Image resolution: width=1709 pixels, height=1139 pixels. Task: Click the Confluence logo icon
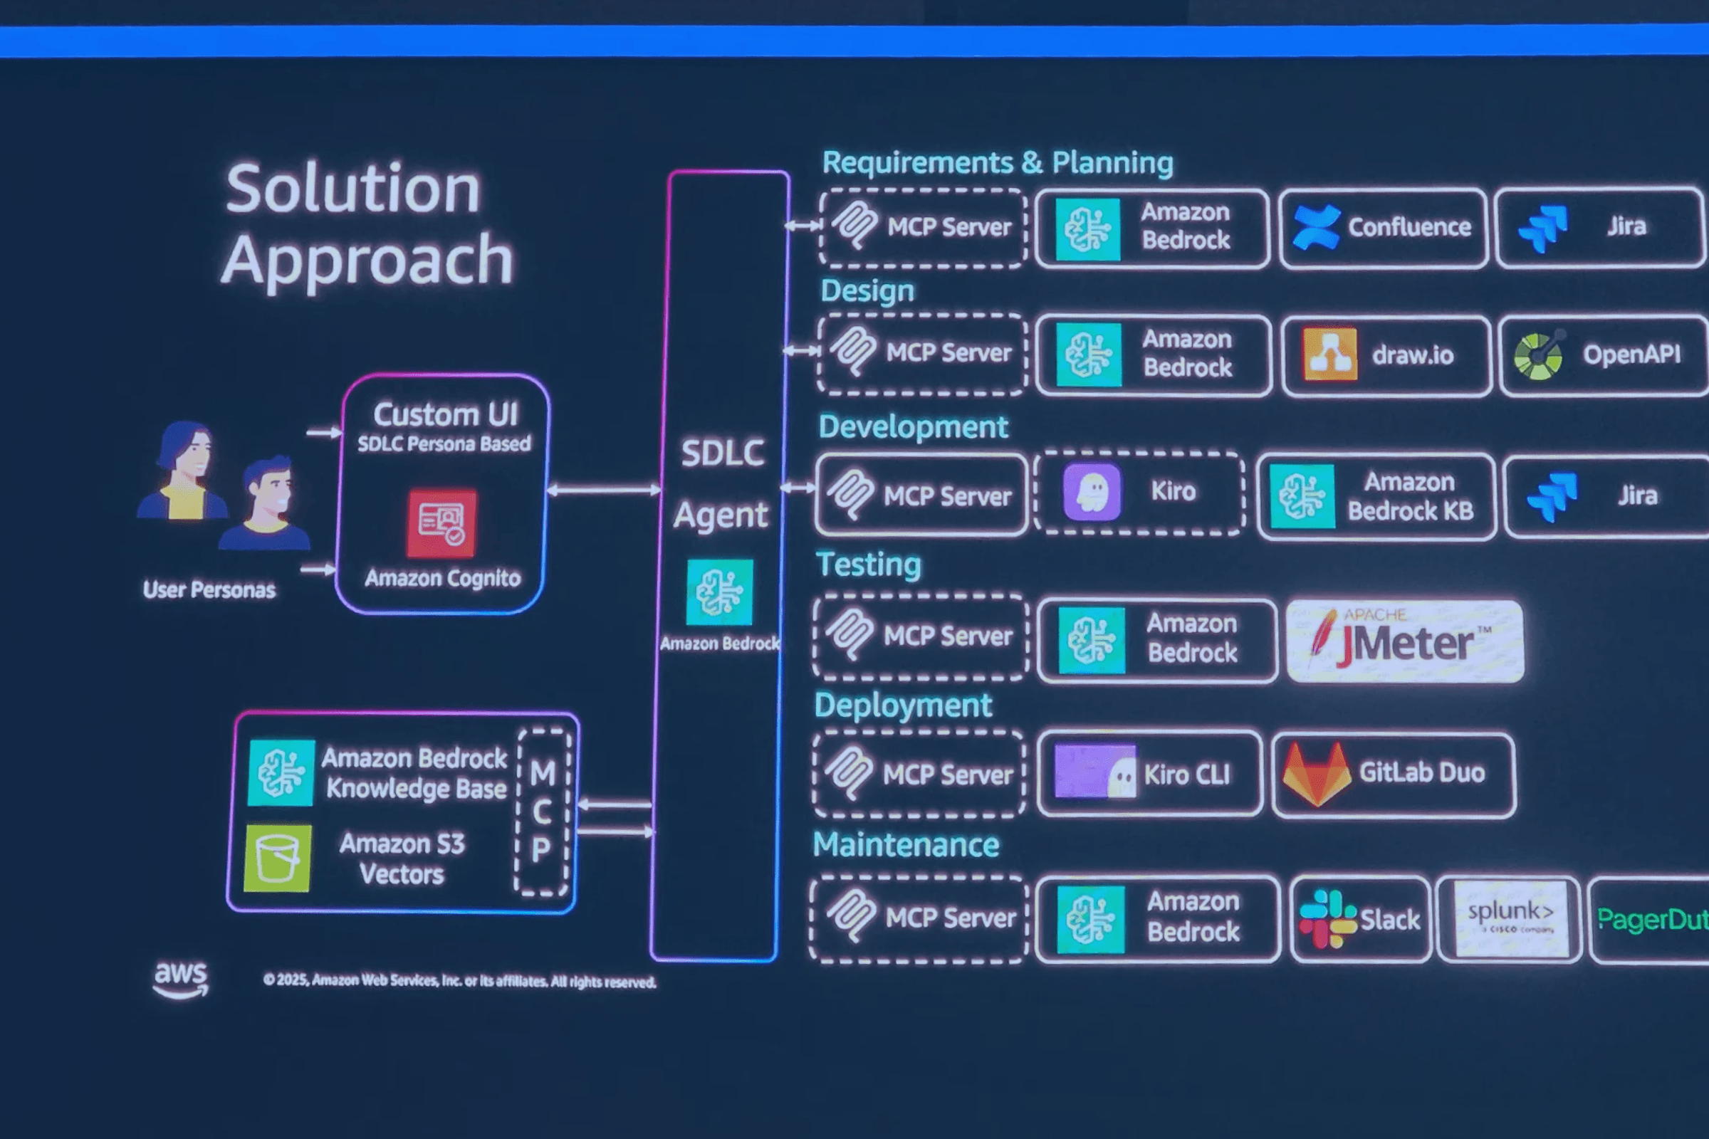pos(1316,227)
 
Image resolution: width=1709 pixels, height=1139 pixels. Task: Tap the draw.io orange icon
pos(1329,355)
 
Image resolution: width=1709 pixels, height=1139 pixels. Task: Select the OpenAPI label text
pos(1631,355)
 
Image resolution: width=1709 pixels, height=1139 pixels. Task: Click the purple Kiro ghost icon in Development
pos(1092,493)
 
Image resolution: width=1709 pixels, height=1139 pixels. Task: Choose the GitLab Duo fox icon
pos(1317,775)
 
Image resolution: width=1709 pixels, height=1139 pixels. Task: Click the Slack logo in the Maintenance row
pos(1327,919)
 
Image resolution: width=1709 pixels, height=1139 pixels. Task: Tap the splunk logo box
pos(1510,918)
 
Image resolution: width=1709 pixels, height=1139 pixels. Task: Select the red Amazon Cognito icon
pos(441,523)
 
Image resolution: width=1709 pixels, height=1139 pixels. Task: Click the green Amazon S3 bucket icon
pos(278,858)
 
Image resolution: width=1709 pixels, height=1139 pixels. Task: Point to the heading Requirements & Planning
pos(997,163)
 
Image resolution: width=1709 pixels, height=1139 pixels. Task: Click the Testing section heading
pos(868,565)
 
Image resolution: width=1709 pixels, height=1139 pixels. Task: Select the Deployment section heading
pos(902,705)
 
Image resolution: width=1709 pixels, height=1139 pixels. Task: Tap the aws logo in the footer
pos(180,978)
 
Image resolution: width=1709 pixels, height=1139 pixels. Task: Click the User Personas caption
pos(209,589)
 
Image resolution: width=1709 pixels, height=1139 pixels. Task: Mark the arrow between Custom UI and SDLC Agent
pos(605,490)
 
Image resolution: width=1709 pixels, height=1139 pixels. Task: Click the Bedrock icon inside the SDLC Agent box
pos(719,592)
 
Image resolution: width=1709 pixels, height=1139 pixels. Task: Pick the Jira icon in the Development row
pos(1552,497)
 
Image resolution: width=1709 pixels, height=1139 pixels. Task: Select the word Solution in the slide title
pos(353,189)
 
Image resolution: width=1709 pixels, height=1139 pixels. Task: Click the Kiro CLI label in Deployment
pos(1186,775)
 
